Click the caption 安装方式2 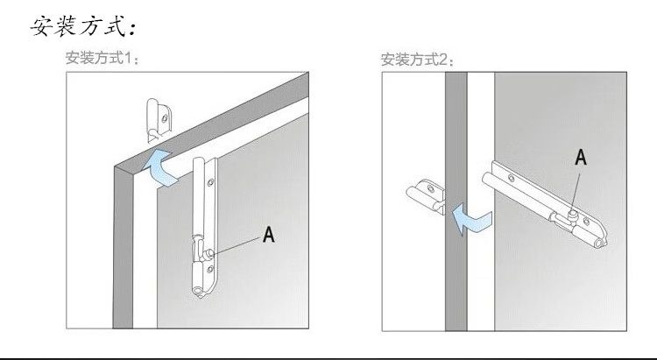(x=417, y=60)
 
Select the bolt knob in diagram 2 (x=570, y=211)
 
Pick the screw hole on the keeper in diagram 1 (x=159, y=111)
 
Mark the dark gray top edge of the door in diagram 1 (x=219, y=115)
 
